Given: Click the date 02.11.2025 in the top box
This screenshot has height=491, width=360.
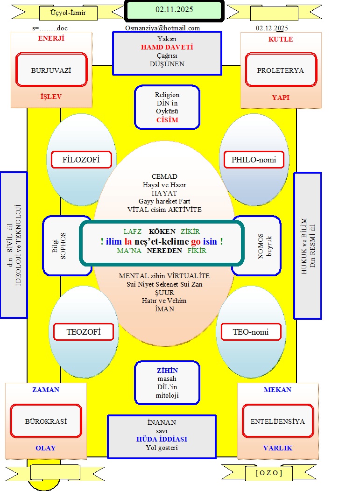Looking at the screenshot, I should (x=174, y=9).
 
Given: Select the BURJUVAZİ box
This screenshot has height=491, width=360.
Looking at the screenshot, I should (x=51, y=70).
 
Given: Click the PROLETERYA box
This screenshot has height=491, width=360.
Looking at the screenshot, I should (x=280, y=70).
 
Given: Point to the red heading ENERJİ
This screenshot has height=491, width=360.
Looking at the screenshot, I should (x=51, y=39).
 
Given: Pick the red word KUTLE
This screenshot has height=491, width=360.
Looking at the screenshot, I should (x=281, y=39).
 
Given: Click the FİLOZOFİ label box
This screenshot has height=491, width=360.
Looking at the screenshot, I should (x=81, y=160).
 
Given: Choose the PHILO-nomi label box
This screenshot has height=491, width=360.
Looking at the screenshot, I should (x=254, y=160).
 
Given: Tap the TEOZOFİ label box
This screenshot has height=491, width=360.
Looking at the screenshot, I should (x=84, y=332).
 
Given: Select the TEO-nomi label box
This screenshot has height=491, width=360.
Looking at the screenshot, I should (x=251, y=332).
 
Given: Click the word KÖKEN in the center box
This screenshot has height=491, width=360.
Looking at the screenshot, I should (x=162, y=231).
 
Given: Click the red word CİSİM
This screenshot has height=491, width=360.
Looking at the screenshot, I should (x=167, y=120).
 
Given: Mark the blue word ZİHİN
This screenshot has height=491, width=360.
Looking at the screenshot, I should (x=167, y=371).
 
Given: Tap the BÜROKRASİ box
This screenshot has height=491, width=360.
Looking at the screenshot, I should (x=46, y=421).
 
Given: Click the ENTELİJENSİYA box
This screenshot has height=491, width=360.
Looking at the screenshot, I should (x=277, y=421).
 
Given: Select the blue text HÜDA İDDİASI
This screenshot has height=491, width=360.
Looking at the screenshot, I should (x=162, y=440).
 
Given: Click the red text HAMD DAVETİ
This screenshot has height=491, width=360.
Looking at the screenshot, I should (x=167, y=47).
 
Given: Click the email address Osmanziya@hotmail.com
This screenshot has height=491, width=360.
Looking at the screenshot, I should (x=162, y=28).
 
